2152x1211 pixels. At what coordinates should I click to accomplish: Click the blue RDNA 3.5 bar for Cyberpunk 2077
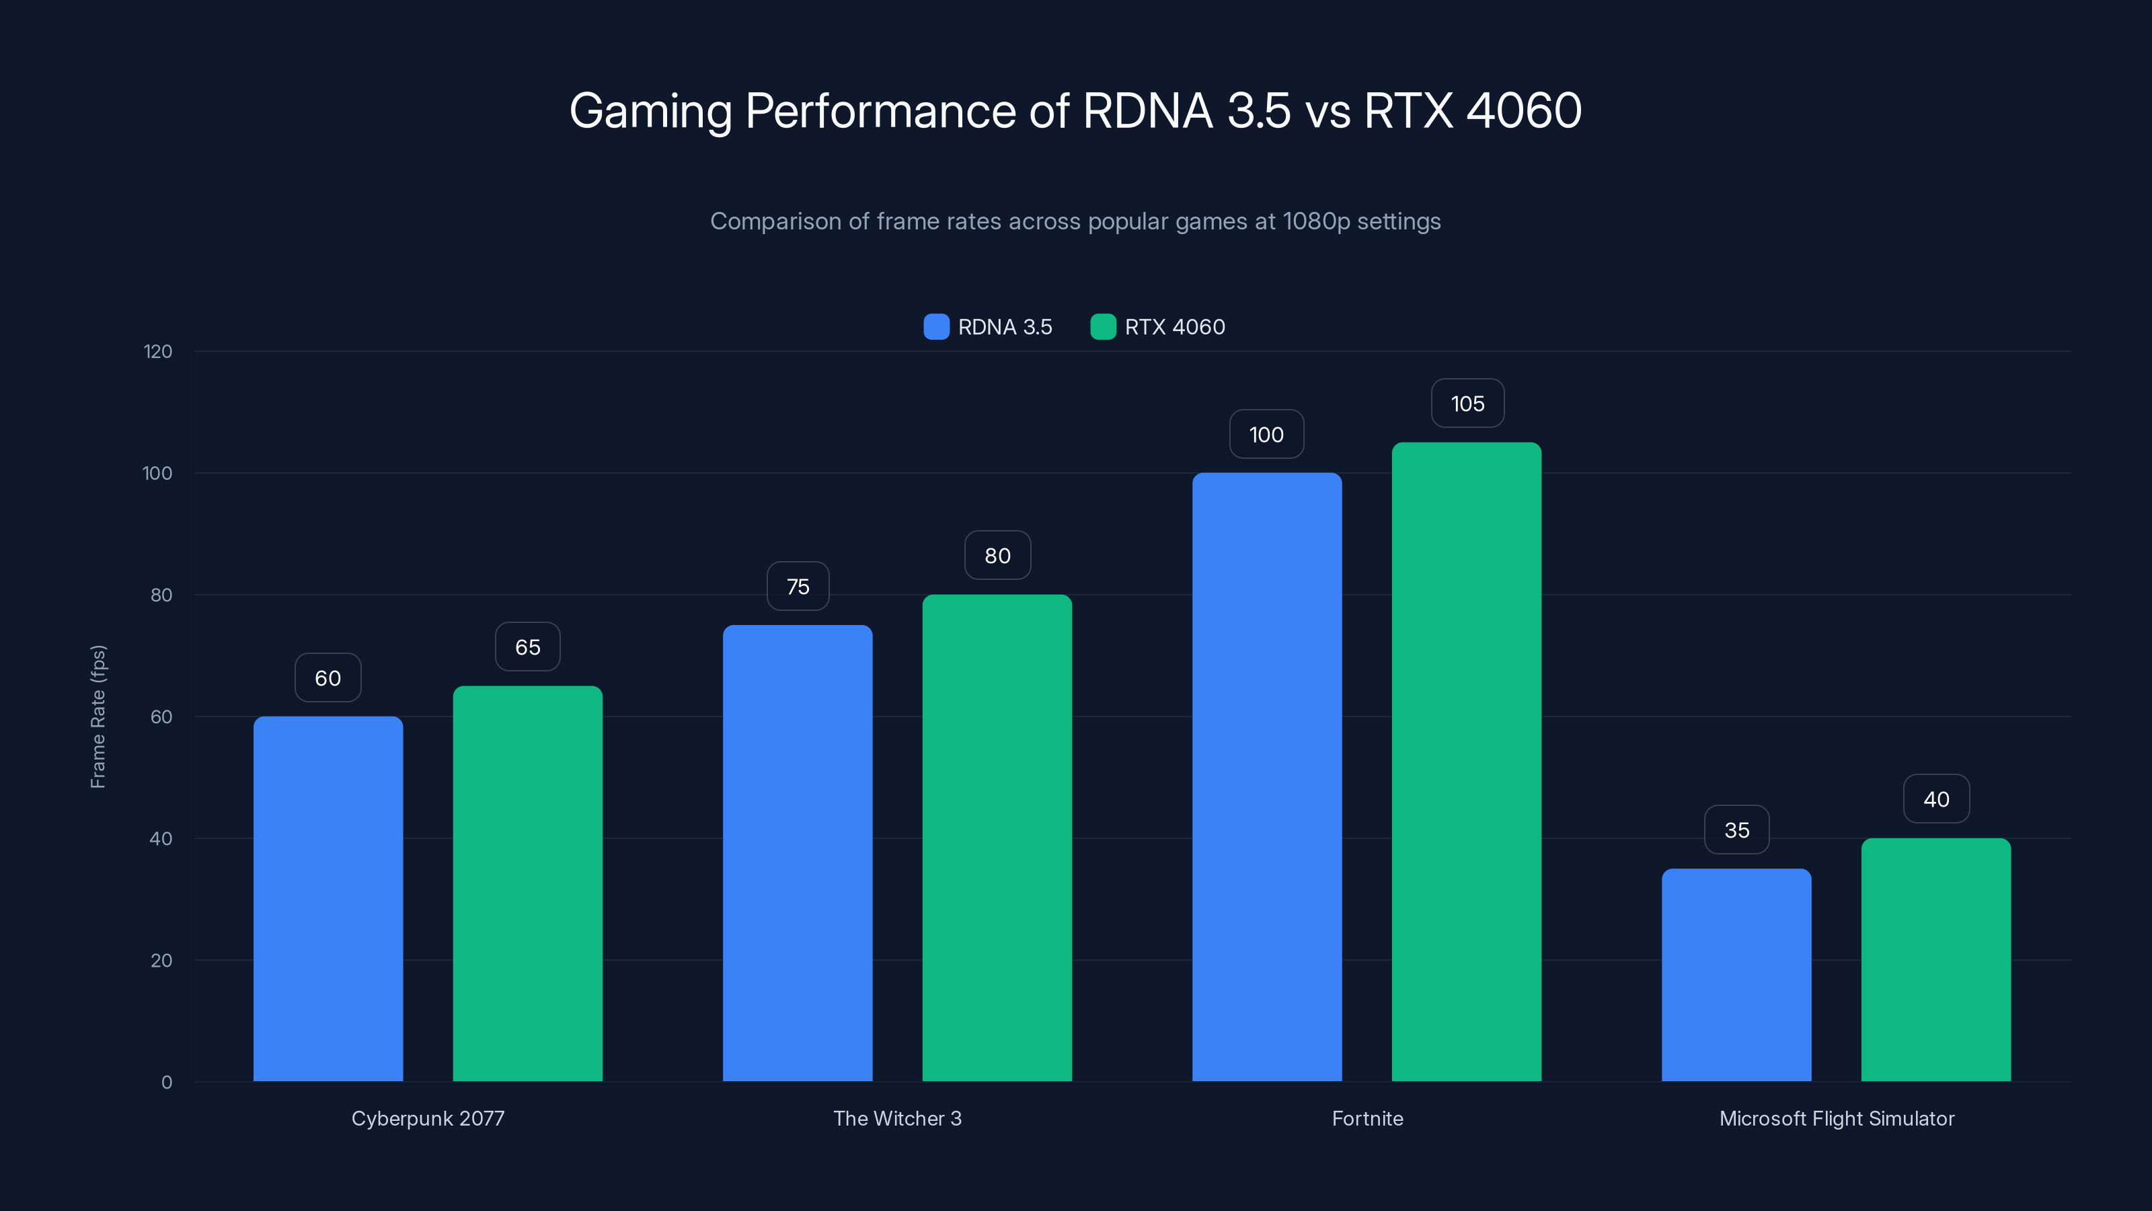tap(328, 898)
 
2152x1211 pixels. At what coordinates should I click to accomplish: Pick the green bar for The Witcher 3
tap(997, 838)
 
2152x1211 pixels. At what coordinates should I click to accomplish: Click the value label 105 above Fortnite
tap(1467, 404)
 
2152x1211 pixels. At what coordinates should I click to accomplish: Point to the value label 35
tap(1737, 830)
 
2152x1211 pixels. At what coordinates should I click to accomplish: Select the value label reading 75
tap(798, 587)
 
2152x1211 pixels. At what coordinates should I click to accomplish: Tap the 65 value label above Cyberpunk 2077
tap(527, 647)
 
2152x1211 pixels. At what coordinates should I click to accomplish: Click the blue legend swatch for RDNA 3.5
tap(937, 327)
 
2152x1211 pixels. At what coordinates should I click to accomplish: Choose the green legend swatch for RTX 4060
tap(1103, 327)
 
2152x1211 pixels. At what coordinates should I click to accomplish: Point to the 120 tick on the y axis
tap(158, 352)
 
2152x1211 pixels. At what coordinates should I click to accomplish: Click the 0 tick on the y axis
tap(167, 1082)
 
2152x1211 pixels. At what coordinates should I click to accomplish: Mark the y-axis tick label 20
tap(161, 960)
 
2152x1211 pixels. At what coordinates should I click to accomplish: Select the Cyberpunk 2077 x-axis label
tap(428, 1118)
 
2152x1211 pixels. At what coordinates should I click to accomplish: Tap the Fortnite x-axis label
tap(1367, 1118)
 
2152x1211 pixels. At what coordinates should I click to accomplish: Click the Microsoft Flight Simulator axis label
tap(1836, 1118)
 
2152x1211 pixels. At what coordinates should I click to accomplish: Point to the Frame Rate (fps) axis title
tap(98, 717)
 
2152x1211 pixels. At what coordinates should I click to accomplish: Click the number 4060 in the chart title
tap(1523, 110)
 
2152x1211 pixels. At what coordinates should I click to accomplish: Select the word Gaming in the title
tap(650, 112)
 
